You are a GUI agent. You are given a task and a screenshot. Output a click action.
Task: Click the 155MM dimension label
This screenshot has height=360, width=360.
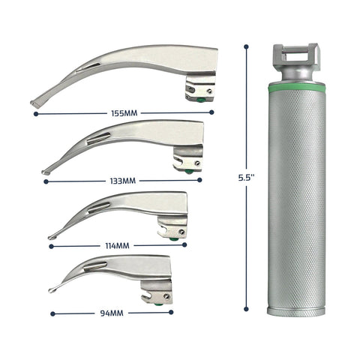pyautogui.click(x=124, y=113)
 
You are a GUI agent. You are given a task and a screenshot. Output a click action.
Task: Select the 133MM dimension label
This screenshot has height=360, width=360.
pyautogui.click(x=121, y=181)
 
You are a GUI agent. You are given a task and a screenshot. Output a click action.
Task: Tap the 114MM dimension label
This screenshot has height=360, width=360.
pyautogui.click(x=118, y=245)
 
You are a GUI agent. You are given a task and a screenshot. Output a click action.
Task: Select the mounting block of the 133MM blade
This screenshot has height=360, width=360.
pyautogui.click(x=187, y=160)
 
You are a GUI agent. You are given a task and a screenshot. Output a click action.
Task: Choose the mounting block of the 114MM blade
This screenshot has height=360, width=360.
pyautogui.click(x=171, y=229)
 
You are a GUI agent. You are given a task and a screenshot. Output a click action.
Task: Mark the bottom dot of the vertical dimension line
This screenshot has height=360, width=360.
pyautogui.click(x=247, y=313)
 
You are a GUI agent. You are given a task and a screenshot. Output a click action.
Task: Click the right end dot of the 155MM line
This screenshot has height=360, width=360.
pyautogui.click(x=212, y=113)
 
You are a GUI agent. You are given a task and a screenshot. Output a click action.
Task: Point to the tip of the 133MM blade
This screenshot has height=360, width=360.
pyautogui.click(x=45, y=173)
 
